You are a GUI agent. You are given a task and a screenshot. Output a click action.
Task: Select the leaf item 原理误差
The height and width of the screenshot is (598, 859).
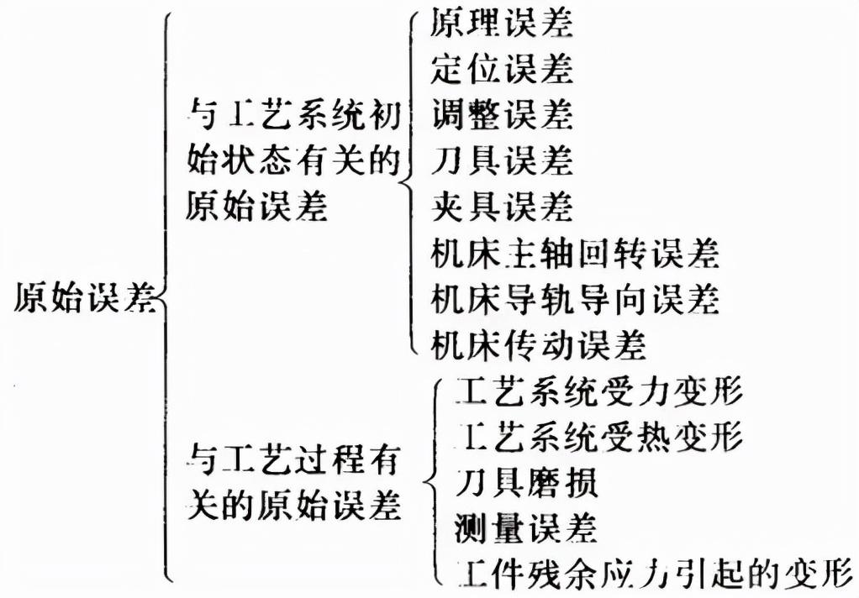click(x=501, y=24)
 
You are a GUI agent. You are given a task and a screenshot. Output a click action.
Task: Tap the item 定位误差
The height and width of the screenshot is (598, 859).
click(x=501, y=69)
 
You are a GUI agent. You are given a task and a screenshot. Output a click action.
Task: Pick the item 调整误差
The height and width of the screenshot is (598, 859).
click(x=501, y=114)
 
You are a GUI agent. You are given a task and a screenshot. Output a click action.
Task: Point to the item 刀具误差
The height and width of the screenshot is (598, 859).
click(x=501, y=160)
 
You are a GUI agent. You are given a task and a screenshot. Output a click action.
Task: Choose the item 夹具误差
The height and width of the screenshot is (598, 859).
click(x=501, y=205)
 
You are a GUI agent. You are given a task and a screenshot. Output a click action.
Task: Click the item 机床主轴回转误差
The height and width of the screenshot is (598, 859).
click(x=575, y=251)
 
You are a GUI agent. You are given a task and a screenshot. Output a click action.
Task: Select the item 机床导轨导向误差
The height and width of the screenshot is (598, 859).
click(x=575, y=297)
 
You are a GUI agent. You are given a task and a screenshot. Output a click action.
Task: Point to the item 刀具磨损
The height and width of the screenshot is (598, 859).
click(x=525, y=483)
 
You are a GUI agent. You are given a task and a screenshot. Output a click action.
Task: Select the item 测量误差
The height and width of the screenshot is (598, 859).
click(x=525, y=528)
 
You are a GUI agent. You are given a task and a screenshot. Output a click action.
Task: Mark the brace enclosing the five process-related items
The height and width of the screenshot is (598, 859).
click(x=435, y=482)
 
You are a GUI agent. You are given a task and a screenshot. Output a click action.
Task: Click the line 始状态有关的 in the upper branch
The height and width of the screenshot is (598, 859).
click(x=291, y=160)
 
